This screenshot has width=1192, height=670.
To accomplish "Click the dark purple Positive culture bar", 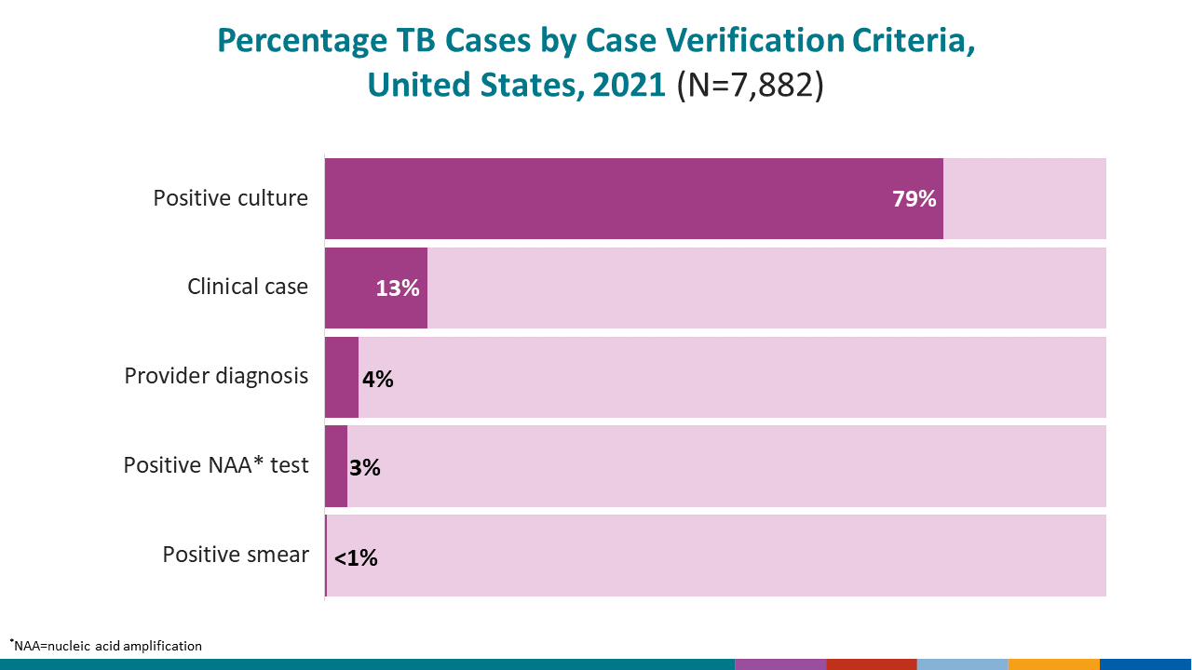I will pyautogui.click(x=633, y=198).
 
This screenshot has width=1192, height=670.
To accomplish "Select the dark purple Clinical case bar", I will pyautogui.click(x=354, y=288).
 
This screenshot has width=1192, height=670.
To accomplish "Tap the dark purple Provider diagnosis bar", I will pyautogui.click(x=342, y=377).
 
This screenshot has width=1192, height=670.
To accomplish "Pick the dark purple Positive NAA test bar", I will pyautogui.click(x=336, y=466).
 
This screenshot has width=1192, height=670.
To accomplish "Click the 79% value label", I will pyautogui.click(x=914, y=198).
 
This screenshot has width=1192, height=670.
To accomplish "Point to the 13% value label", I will pyautogui.click(x=398, y=288).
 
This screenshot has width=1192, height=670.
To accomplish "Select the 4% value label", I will pyautogui.click(x=378, y=379).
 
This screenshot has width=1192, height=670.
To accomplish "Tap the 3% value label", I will pyautogui.click(x=365, y=468).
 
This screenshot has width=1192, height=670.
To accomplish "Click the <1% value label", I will pyautogui.click(x=356, y=557).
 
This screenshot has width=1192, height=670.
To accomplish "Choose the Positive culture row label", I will pyautogui.click(x=231, y=198).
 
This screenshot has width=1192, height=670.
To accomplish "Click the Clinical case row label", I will pyautogui.click(x=248, y=287).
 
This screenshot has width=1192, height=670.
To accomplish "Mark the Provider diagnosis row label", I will pyautogui.click(x=216, y=376).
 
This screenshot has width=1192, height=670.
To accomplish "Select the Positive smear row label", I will pyautogui.click(x=236, y=555).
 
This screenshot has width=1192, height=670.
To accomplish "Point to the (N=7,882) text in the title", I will pyautogui.click(x=750, y=85).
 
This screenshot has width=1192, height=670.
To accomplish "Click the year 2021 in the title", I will pyautogui.click(x=629, y=85).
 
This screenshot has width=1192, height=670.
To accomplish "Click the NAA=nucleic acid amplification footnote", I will pyautogui.click(x=106, y=645).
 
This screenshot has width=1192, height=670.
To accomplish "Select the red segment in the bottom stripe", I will pyautogui.click(x=872, y=664).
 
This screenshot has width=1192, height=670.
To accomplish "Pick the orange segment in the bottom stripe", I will pyautogui.click(x=1054, y=664).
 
